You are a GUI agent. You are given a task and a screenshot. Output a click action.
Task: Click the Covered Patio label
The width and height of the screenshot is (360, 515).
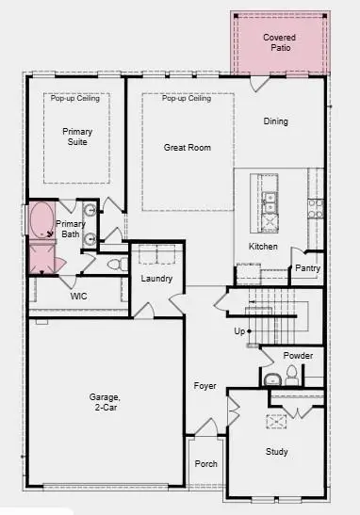(279, 41)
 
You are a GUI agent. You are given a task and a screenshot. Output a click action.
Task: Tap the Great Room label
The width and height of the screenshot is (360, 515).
(187, 148)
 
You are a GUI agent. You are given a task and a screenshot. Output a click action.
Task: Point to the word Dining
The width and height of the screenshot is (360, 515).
(276, 121)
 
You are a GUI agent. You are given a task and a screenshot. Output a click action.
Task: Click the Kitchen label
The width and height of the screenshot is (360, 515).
(263, 247)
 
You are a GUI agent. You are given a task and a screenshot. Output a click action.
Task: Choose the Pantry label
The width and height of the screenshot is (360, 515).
(307, 268)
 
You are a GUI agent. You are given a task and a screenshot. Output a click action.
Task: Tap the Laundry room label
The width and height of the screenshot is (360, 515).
(155, 279)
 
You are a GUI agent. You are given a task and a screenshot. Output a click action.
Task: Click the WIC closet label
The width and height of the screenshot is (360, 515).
(79, 296)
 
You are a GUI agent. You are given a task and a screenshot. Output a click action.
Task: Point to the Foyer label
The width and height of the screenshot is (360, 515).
(205, 386)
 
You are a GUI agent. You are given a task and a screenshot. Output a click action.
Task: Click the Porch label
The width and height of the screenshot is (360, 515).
(205, 464)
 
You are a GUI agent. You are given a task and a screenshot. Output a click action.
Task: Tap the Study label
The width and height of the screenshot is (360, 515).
(276, 452)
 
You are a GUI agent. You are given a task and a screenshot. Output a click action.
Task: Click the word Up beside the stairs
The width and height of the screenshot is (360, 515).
(240, 331)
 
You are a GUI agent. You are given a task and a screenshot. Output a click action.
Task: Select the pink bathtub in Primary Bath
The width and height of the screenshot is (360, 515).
(41, 221)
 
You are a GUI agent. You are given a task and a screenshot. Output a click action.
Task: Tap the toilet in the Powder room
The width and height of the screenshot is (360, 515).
(291, 376)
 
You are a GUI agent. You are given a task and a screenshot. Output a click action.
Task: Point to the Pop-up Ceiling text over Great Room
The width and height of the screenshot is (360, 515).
(186, 99)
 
